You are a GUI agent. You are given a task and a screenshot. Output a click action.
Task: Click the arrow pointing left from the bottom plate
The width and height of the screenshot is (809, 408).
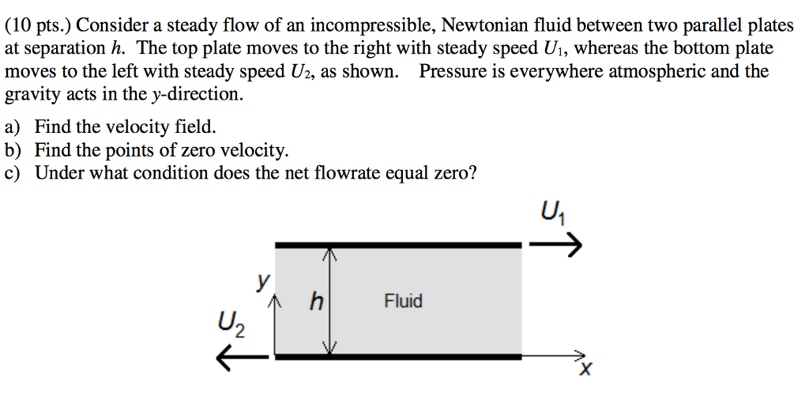242,357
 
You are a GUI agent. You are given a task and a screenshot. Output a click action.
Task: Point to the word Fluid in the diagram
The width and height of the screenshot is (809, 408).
403,300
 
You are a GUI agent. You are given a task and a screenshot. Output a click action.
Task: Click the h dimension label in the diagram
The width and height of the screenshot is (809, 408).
316,300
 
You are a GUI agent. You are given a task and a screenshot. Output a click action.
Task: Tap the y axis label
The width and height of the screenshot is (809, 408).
264,282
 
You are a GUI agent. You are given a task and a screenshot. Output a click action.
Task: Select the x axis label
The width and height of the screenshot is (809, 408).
585,369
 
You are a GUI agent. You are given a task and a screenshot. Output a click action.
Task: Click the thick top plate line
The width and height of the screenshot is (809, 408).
398,245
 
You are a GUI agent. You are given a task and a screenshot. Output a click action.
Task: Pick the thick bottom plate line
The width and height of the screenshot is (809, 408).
398,357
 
